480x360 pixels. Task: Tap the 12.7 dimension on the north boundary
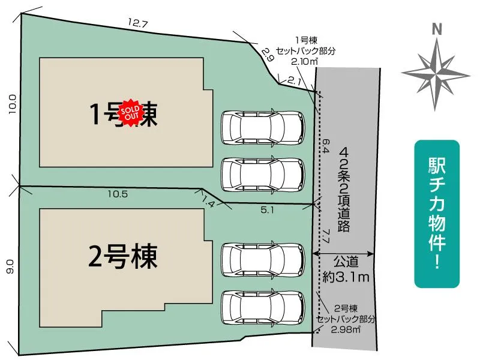(138, 23)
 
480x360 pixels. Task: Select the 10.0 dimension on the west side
(12, 104)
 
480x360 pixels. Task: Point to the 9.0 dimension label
(10, 266)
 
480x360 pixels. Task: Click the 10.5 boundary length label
(118, 194)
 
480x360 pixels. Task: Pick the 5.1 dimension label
(268, 209)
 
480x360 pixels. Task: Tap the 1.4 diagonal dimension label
(208, 202)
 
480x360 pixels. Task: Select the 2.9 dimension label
(267, 55)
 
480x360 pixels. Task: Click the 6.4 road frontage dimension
(326, 146)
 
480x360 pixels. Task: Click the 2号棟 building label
(123, 257)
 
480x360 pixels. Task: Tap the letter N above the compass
(437, 29)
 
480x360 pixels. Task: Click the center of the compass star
(436, 74)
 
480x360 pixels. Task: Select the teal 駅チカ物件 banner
(437, 214)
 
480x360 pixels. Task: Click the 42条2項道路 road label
(344, 189)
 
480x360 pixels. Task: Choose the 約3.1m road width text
(346, 277)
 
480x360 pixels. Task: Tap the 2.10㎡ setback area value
(305, 62)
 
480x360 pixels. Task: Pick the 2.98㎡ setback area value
(346, 329)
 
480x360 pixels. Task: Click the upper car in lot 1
(263, 128)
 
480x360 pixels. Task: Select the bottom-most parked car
(263, 308)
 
